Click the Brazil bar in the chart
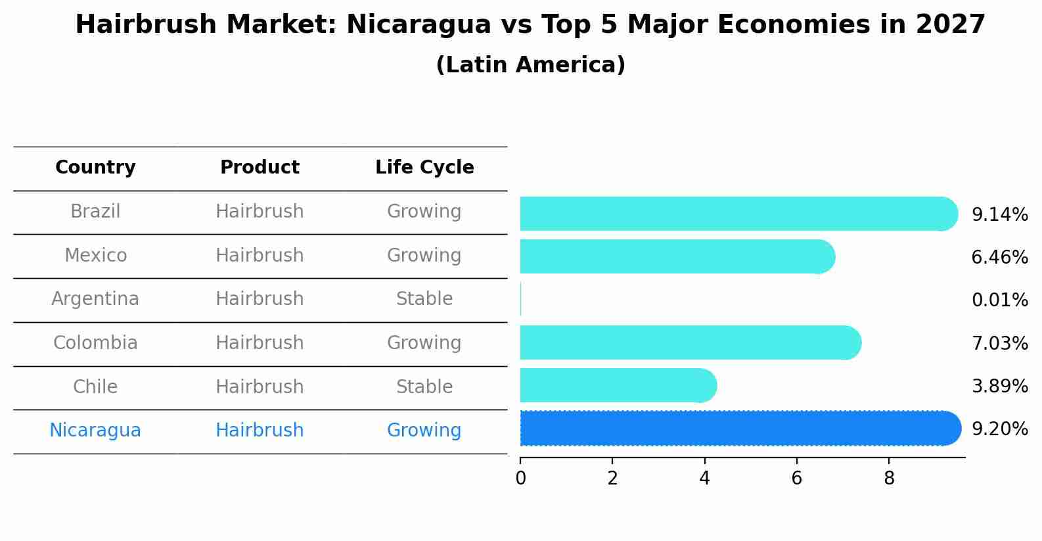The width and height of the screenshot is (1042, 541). click(x=736, y=214)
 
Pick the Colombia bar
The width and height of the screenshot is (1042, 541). click(x=690, y=342)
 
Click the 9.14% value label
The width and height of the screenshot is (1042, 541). click(x=999, y=215)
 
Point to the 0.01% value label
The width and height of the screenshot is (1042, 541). click(x=999, y=300)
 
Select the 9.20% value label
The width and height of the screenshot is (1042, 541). click(x=999, y=429)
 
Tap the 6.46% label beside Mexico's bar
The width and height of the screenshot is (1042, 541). click(x=999, y=258)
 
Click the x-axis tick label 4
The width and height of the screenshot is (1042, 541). click(x=704, y=479)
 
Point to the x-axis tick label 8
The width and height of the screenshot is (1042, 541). click(x=889, y=479)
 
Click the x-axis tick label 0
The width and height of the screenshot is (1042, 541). click(x=520, y=479)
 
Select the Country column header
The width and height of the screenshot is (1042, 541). click(x=95, y=168)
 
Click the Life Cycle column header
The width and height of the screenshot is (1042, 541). click(x=424, y=168)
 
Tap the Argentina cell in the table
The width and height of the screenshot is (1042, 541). click(x=95, y=299)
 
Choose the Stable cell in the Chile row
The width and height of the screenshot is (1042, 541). click(x=424, y=387)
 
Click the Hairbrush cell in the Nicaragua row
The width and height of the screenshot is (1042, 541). click(x=260, y=431)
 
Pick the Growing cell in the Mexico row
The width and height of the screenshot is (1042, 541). click(x=424, y=255)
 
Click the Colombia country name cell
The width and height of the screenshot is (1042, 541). click(x=95, y=343)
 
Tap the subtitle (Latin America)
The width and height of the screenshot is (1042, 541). click(x=530, y=65)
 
